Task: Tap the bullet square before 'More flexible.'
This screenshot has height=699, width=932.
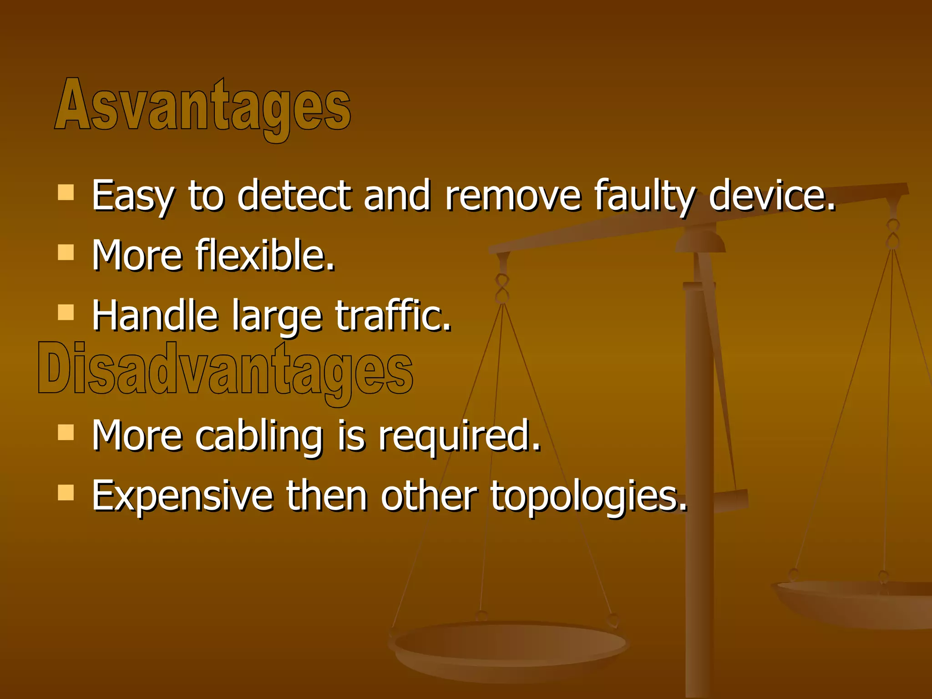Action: [x=66, y=252]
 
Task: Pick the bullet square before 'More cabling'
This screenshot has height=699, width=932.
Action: [x=66, y=432]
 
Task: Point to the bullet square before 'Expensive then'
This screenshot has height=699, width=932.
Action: [x=66, y=492]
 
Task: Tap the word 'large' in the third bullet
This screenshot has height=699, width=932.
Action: [x=277, y=316]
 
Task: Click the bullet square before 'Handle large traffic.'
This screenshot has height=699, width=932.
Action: [x=66, y=312]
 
